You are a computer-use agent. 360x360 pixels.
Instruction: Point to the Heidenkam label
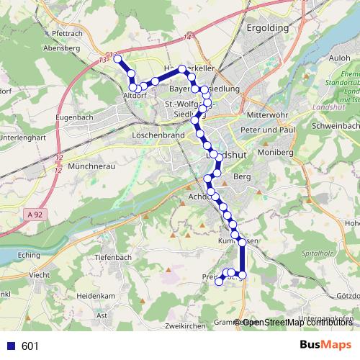(x=99, y=296)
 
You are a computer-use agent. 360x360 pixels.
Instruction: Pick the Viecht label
(x=40, y=275)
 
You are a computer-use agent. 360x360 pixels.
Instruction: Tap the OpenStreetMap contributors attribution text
(x=297, y=323)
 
